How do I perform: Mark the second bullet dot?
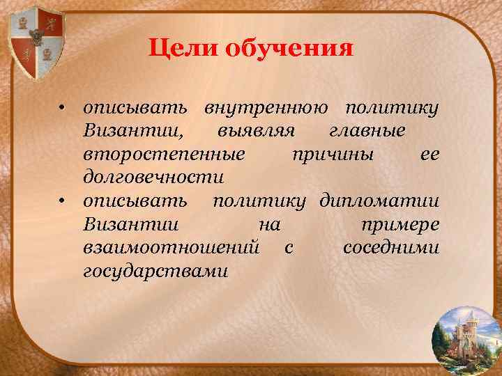pos(62,202)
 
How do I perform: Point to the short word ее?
pos(429,155)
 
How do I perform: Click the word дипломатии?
pos(379,202)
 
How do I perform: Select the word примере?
pos(399,225)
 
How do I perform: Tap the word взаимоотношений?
pos(172,248)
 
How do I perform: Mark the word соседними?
pos(391,248)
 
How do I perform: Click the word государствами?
pos(155,271)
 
